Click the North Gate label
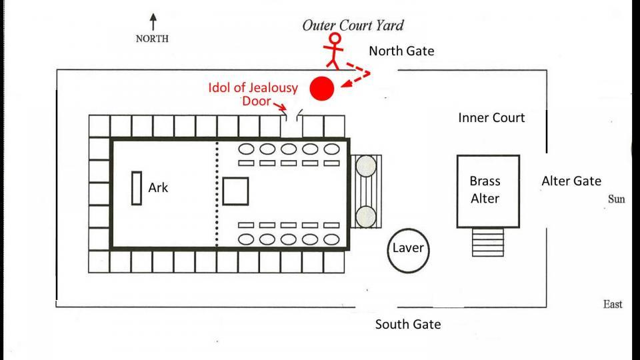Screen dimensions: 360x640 (401, 51)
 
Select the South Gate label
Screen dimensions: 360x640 (407, 325)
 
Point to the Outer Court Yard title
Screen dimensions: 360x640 (353, 26)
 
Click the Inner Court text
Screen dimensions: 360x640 (491, 118)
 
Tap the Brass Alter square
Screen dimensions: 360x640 (487, 191)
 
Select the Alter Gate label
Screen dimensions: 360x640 (571, 181)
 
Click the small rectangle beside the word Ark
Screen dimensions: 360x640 (137, 188)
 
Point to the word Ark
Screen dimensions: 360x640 (158, 188)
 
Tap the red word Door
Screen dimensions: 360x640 (257, 101)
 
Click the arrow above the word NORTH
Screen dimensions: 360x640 (153, 21)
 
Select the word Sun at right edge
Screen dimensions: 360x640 (616, 199)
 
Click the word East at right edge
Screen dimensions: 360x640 (613, 304)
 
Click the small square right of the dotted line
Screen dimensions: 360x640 (235, 191)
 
